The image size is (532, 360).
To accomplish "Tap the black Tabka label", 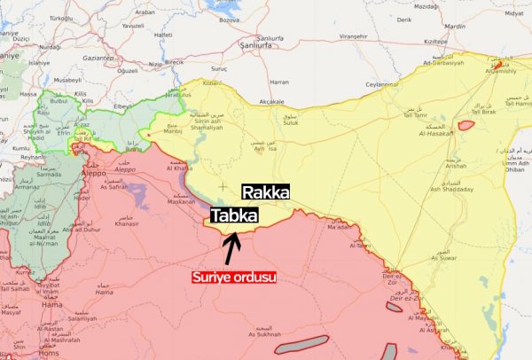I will (235, 215).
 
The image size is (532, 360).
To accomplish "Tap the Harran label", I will (278, 82).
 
